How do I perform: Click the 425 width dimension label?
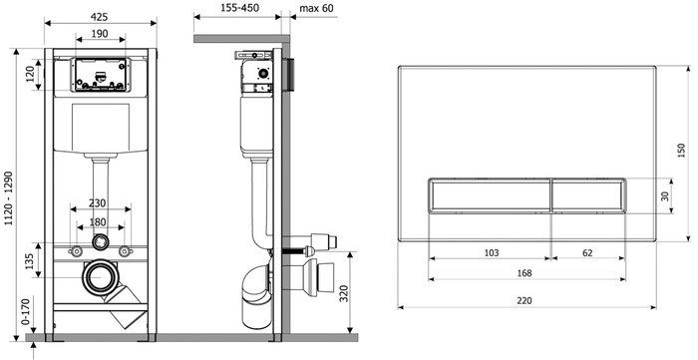tap(100, 17)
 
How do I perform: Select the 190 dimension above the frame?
tap(100, 33)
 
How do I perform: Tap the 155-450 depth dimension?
tap(240, 8)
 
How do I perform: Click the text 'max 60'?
tap(316, 8)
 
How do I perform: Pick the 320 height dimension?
tap(344, 293)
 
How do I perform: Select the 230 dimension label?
tap(97, 203)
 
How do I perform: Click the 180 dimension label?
tap(98, 222)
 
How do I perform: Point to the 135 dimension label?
tap(29, 262)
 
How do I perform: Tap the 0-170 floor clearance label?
tap(26, 311)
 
